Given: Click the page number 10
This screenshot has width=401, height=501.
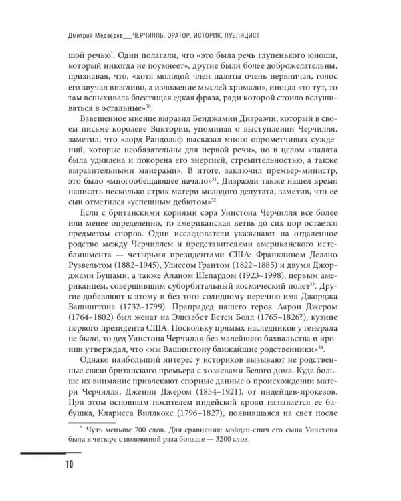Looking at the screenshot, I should click(69, 464).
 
